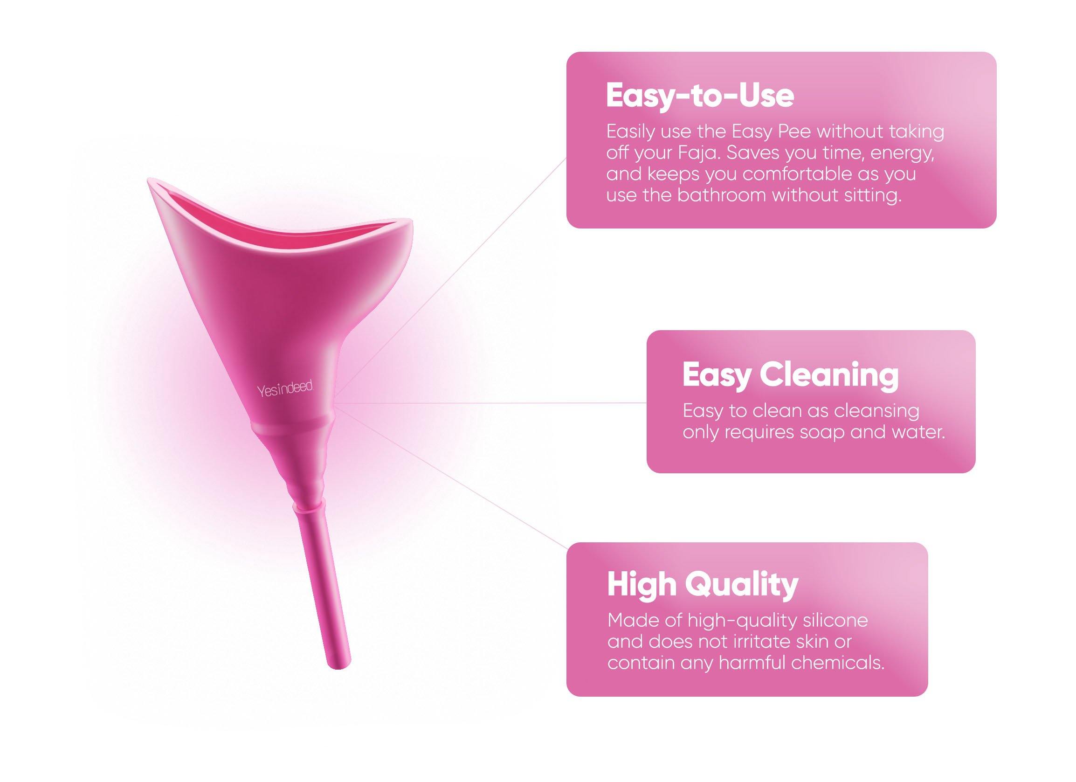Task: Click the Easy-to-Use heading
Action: coord(700,97)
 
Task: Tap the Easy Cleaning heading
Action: coord(790,375)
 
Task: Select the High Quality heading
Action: coord(703,585)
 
